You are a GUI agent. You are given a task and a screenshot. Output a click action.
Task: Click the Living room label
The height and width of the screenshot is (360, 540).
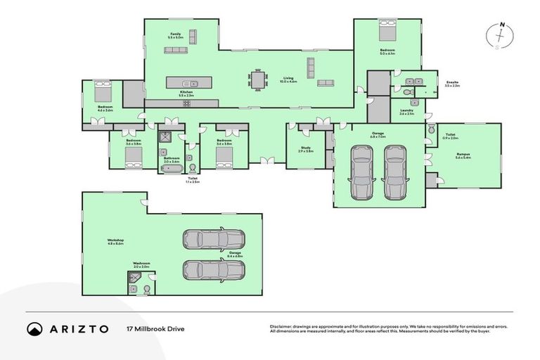click(x=288, y=79)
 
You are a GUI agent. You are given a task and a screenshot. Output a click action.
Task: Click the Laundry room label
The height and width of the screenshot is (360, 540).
click(x=406, y=111)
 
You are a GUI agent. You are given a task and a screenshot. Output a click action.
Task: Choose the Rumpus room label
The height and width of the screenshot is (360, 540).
click(x=463, y=156)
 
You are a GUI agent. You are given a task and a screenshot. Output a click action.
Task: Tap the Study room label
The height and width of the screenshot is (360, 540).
click(x=305, y=149)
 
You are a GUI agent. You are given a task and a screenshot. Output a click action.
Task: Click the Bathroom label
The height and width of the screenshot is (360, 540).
click(x=172, y=159)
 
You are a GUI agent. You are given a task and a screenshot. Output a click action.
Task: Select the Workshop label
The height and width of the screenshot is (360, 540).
click(x=115, y=241)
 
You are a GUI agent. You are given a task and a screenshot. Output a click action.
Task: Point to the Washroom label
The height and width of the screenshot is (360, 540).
click(x=141, y=265)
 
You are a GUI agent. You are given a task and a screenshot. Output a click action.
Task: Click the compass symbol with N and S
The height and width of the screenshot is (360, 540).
click(x=501, y=37)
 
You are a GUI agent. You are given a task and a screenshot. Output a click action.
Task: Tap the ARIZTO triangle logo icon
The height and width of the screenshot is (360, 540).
click(x=35, y=328)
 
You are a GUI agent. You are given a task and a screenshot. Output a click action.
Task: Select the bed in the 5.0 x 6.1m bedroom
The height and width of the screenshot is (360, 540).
click(x=387, y=31)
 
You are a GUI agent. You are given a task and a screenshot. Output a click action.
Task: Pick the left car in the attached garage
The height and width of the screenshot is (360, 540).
click(x=362, y=172)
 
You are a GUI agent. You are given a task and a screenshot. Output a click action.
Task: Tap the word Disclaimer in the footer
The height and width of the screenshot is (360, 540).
click(x=281, y=326)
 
